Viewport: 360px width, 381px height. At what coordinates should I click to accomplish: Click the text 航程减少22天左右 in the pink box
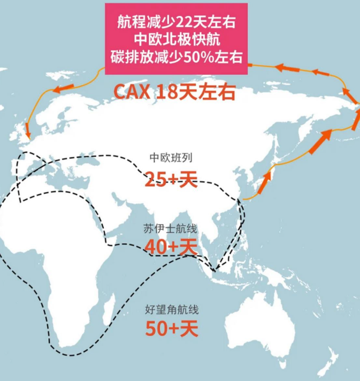(x=177, y=23)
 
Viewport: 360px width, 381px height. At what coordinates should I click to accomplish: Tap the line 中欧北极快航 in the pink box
(x=177, y=39)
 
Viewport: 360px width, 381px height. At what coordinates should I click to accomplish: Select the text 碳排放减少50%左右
(x=177, y=56)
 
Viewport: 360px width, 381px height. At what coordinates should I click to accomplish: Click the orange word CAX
(x=133, y=91)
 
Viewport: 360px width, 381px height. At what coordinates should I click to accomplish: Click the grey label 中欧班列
(x=171, y=158)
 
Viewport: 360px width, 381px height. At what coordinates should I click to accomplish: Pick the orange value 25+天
(x=171, y=179)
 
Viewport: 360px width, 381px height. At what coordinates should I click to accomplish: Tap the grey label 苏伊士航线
(x=171, y=229)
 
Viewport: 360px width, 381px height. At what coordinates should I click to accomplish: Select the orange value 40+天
(x=171, y=247)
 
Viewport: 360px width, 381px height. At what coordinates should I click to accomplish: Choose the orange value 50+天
(x=171, y=327)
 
